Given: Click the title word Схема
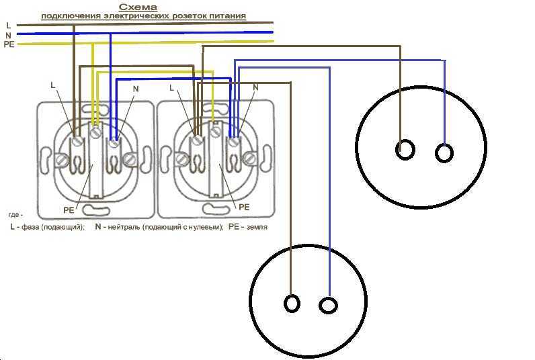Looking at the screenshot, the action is pyautogui.click(x=138, y=7).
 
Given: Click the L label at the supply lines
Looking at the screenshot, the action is pyautogui.click(x=9, y=26).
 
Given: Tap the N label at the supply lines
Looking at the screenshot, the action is pyautogui.click(x=9, y=35).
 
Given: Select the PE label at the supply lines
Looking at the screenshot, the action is pyautogui.click(x=9, y=44).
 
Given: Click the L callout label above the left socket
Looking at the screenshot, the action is pyautogui.click(x=52, y=85).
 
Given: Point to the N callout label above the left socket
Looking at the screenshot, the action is pyautogui.click(x=136, y=89).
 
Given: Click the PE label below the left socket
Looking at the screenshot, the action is pyautogui.click(x=69, y=210).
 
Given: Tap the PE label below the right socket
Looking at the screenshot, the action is pyautogui.click(x=244, y=207).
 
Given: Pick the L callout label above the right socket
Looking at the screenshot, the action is pyautogui.click(x=171, y=87).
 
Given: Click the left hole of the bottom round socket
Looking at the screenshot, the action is pyautogui.click(x=292, y=304).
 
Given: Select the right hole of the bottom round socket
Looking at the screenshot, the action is pyautogui.click(x=328, y=305).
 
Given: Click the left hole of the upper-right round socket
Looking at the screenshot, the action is pyautogui.click(x=405, y=150).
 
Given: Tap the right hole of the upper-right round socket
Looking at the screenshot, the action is pyautogui.click(x=444, y=153).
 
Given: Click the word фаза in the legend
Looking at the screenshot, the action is pyautogui.click(x=30, y=227).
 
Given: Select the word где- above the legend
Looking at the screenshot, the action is pyautogui.click(x=15, y=215).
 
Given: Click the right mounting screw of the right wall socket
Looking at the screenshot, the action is pyautogui.click(x=251, y=158).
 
